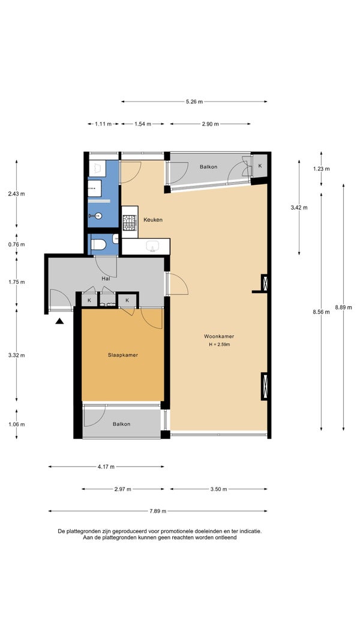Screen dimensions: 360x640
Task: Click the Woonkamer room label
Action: coord(219,337)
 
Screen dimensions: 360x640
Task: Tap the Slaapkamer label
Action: coord(123,355)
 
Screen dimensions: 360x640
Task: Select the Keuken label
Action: coord(153,220)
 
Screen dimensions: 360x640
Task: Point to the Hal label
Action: coord(106,279)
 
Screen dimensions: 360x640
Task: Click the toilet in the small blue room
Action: coord(98,244)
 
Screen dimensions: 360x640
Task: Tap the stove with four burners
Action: coord(130,223)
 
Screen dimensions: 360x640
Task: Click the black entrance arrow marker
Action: coord(59,321)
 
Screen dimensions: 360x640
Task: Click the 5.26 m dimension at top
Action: coord(194,101)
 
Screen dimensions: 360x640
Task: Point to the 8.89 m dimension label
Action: coord(343,307)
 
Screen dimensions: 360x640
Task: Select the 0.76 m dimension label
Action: coord(16,244)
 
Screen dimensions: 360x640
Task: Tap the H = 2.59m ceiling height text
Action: coord(219,345)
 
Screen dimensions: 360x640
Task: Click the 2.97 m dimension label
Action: coord(123,489)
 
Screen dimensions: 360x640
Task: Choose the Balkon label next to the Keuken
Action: coord(208,166)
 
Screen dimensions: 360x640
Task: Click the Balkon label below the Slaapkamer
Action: coord(121,424)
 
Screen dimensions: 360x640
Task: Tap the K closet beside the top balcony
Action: coord(260,166)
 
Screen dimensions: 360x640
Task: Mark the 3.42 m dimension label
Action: coord(299,207)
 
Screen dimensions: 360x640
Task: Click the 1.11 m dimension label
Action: coord(103,124)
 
